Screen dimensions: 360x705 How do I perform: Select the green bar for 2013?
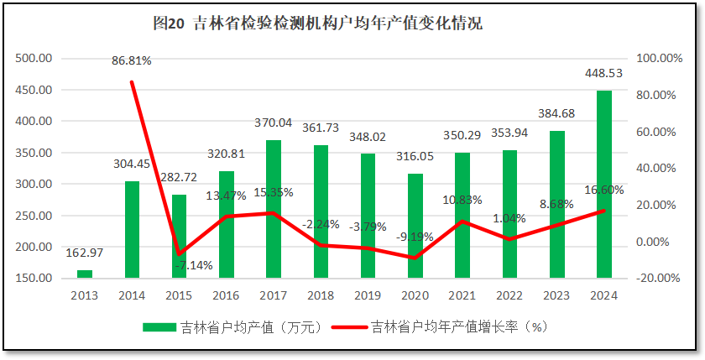coord(85,274)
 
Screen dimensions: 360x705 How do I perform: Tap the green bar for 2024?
coord(604,184)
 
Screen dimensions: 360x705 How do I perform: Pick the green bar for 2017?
coord(274,209)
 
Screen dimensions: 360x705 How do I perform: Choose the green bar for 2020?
coord(415,226)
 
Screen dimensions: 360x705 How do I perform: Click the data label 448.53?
coord(603,74)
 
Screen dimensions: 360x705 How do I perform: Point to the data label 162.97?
coord(85,253)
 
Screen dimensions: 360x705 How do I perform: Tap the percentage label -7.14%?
coord(194,265)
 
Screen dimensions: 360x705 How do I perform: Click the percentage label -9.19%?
coord(415,237)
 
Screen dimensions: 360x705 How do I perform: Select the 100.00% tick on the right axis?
coord(660,58)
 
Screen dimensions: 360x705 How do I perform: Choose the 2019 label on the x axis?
coord(368,295)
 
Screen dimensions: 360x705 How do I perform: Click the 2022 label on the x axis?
coord(509,295)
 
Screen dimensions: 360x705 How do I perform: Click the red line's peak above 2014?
coord(132,82)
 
